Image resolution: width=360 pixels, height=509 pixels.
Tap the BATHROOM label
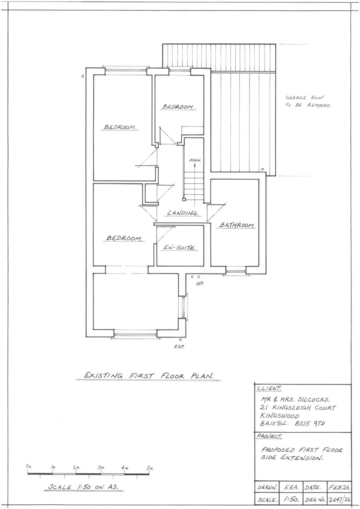pyautogui.click(x=236, y=226)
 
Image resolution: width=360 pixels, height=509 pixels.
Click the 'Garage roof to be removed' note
pyautogui.click(x=307, y=102)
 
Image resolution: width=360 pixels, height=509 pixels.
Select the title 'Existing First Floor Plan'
pyautogui.click(x=148, y=376)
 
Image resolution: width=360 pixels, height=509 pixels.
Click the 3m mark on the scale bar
pyautogui.click(x=101, y=468)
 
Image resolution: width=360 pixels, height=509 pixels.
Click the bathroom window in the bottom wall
pyautogui.click(x=236, y=271)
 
